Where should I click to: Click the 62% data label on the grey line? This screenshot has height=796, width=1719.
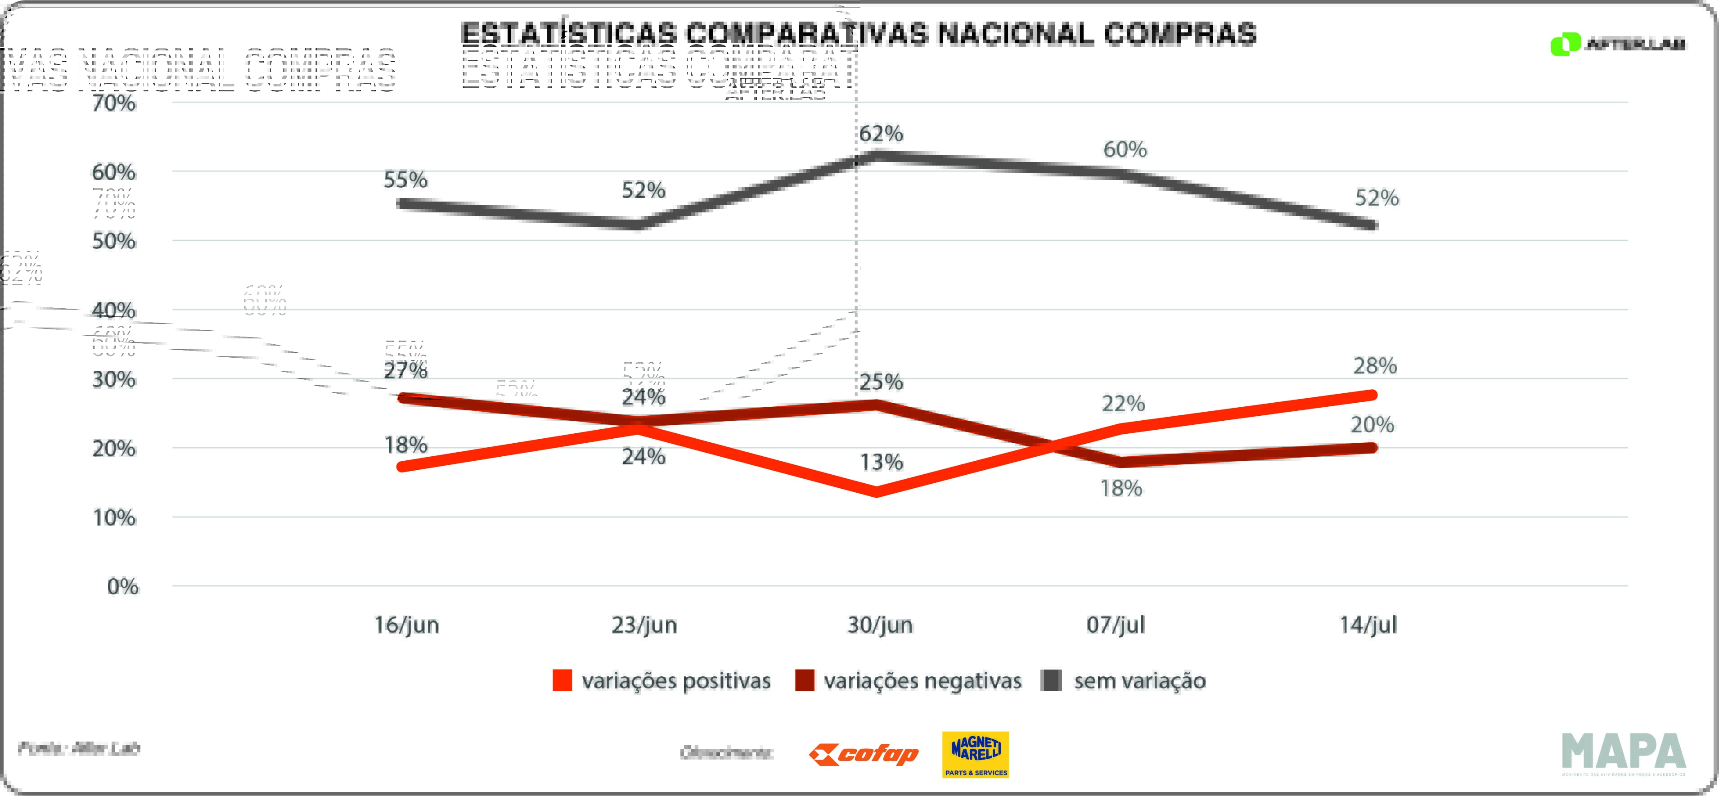(881, 134)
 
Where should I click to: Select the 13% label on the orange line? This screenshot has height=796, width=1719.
(881, 462)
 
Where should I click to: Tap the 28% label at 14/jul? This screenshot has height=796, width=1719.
(1375, 366)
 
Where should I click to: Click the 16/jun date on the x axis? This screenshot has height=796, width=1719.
(406, 625)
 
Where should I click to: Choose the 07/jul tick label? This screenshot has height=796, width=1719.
(1116, 625)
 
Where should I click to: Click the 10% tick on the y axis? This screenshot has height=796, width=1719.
(114, 518)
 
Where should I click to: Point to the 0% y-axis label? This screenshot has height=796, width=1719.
(123, 586)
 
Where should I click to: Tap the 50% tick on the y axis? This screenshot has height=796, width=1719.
(114, 241)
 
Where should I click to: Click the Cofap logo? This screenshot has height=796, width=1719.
(864, 755)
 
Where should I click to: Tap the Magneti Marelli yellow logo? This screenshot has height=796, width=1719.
(975, 755)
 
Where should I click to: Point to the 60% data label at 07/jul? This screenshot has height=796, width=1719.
(1125, 149)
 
